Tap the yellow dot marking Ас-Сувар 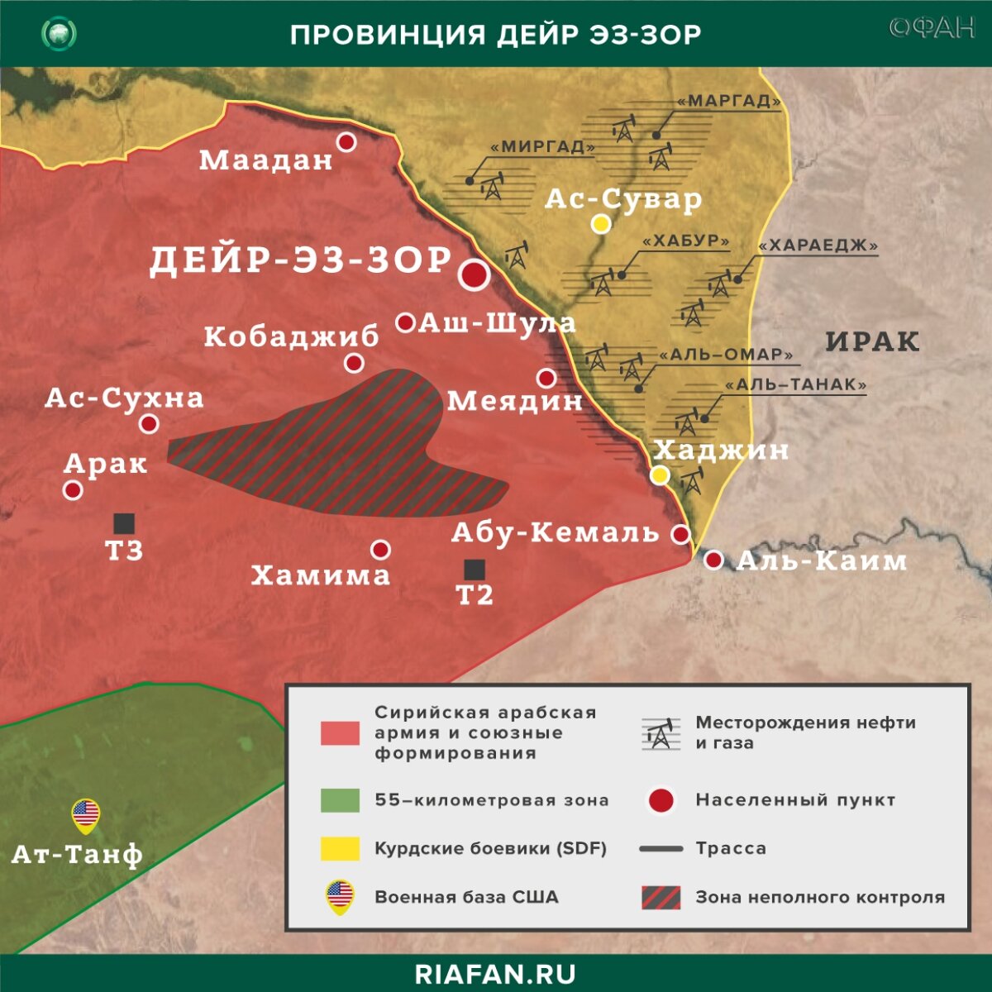601,224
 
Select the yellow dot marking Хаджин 660,475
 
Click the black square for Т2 475,569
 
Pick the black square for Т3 124,522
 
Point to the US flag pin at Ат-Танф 85,816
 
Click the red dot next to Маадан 347,142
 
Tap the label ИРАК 872,341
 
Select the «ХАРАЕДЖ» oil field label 818,246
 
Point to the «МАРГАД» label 728,102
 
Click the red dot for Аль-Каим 714,560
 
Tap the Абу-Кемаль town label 555,532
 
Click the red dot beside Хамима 380,550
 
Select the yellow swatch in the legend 340,848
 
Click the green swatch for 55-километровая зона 340,799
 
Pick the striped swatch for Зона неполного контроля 661,897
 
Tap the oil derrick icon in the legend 661,732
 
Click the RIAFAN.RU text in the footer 495,973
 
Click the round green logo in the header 60,34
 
